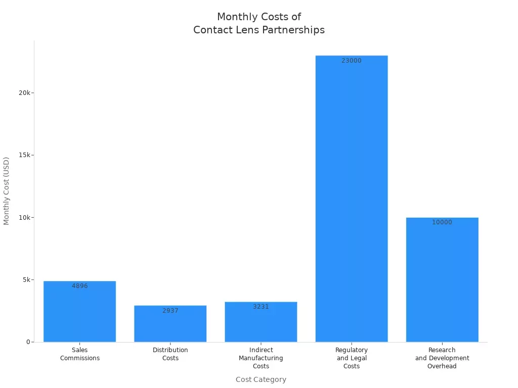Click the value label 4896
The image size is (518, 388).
tap(79, 286)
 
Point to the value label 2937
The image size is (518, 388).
tap(170, 311)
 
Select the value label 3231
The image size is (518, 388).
tap(261, 307)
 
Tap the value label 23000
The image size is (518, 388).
tap(351, 61)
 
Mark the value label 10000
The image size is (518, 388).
tap(442, 222)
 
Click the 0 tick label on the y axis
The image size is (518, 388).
tap(28, 342)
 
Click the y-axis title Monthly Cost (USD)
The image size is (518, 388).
tap(7, 191)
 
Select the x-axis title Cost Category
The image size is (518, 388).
tap(261, 379)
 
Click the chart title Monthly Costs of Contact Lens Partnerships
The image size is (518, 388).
tap(259, 24)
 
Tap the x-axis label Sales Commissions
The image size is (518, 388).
tap(79, 354)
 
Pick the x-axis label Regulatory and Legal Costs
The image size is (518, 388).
tap(351, 358)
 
